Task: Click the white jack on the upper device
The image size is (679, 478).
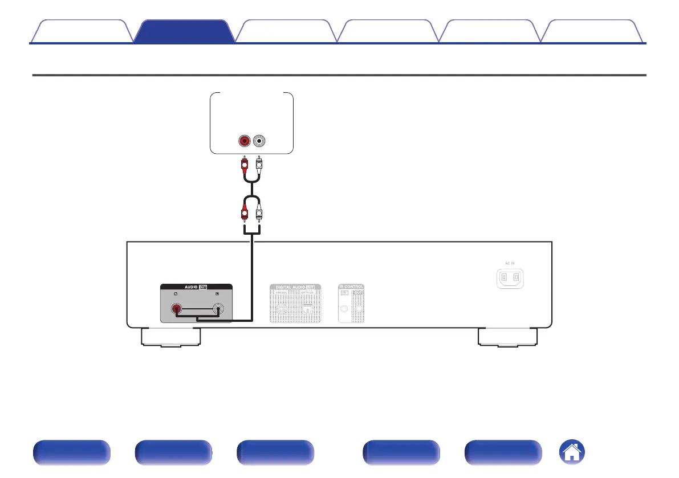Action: click(260, 140)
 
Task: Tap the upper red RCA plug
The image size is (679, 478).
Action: click(245, 165)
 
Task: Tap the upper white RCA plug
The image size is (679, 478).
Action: click(259, 165)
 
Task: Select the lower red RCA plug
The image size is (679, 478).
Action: click(245, 214)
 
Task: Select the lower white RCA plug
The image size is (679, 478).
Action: click(259, 214)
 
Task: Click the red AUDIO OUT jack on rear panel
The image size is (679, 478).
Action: click(178, 310)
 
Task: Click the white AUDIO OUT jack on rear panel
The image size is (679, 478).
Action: click(218, 310)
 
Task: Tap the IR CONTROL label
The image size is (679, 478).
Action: click(351, 287)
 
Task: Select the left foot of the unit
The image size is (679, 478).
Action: click(170, 337)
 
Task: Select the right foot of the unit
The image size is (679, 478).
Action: click(507, 337)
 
